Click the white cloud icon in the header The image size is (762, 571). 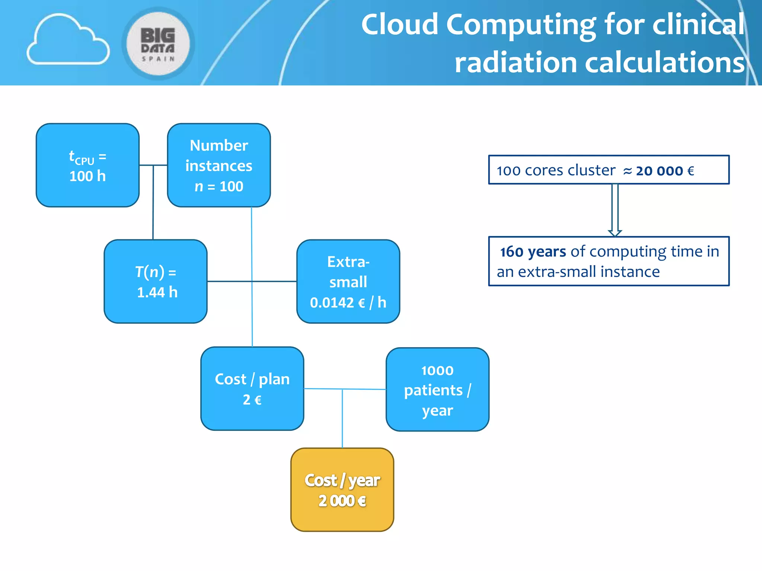[68, 40]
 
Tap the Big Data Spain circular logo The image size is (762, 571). [158, 43]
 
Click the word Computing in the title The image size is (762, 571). [521, 25]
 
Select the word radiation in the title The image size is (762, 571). [516, 62]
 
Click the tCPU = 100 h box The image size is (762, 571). [88, 165]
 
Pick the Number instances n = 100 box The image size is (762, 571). [219, 165]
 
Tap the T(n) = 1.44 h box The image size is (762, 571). [156, 281]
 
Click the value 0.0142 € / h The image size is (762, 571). [348, 303]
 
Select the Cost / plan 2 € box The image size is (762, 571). [252, 388]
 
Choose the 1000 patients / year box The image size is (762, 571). [437, 390]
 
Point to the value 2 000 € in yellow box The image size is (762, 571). [342, 501]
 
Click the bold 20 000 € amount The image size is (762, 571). [665, 171]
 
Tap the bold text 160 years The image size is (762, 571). [533, 252]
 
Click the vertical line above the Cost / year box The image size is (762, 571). [342, 418]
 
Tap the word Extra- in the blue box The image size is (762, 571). [348, 262]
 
